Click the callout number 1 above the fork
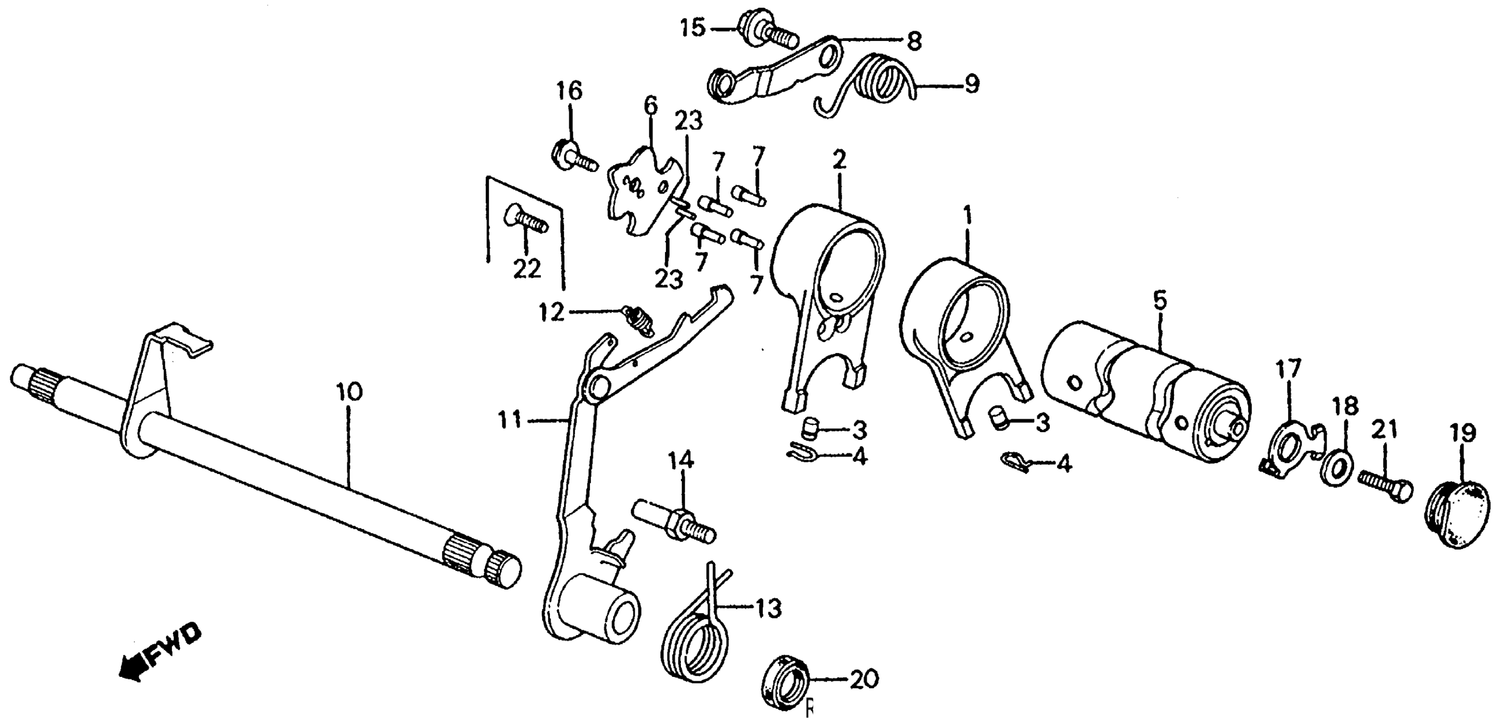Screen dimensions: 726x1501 pos(967,219)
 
